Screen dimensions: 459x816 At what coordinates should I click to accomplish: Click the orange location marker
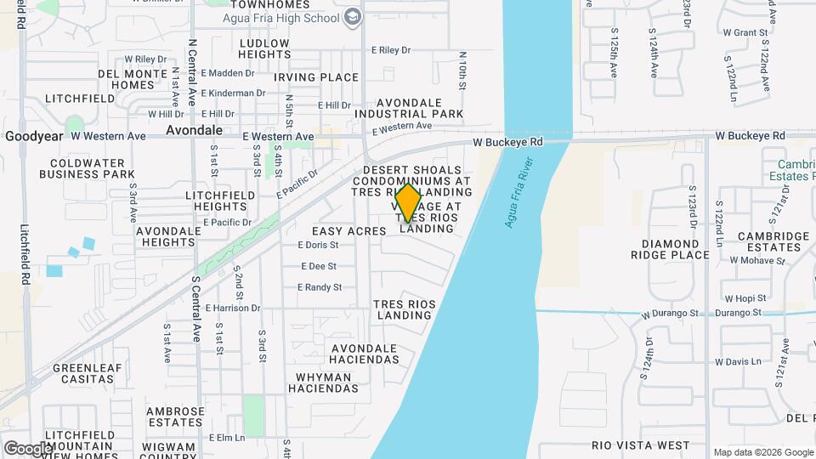coord(409,203)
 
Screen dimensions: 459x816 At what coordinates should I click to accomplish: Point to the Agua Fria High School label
coord(280,17)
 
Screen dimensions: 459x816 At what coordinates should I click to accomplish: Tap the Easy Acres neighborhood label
coord(349,231)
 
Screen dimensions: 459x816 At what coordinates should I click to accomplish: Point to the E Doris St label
coord(318,245)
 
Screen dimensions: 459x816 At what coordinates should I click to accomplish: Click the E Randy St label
coord(320,287)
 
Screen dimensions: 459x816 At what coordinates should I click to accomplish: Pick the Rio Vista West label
coord(640,445)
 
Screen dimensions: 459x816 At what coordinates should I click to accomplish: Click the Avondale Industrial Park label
coord(409,107)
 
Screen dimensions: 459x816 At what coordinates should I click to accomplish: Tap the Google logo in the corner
coord(29,447)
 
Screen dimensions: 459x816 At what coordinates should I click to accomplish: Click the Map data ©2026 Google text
coord(762,452)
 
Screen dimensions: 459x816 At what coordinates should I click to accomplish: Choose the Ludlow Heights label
coord(265,48)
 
